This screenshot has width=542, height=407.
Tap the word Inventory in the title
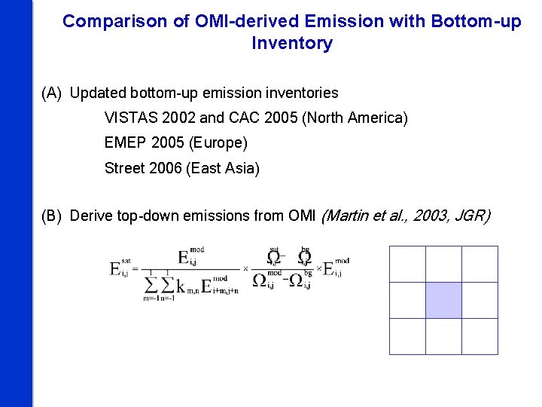coord(291,44)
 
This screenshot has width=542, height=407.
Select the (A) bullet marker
coord(51,93)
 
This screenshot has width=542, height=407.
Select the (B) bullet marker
coord(51,216)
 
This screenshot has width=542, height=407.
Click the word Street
coord(123,168)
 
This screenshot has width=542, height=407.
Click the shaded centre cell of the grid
coord(443,300)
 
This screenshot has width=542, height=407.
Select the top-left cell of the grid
coord(407,264)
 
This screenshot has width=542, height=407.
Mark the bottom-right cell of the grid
coord(480,336)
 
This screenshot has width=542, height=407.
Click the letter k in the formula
coord(180,285)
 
